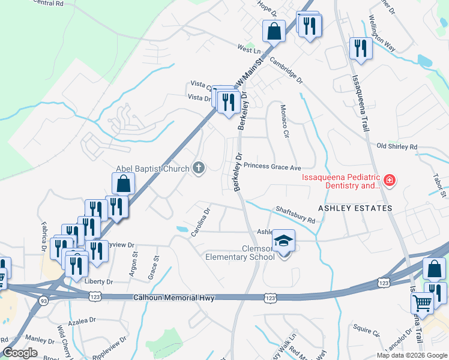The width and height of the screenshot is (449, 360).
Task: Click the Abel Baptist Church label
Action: tap(152, 169)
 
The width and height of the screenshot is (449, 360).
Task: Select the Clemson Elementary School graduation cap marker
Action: tap(283, 241)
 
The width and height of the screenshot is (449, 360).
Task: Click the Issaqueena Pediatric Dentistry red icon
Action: tap(390, 179)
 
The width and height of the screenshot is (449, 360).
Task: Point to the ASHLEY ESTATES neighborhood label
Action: tap(355, 208)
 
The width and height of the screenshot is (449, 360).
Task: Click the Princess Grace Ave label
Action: tap(272, 166)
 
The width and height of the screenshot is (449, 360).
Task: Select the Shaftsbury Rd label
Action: tap(295, 215)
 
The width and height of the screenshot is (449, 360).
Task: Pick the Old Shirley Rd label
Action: tap(396, 146)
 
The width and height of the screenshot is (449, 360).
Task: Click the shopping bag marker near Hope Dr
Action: tap(274, 31)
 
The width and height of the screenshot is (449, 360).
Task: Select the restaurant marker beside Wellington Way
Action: tap(361, 47)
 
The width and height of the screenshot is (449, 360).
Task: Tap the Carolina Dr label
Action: tap(200, 222)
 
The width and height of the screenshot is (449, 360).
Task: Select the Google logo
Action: tap(20, 353)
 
